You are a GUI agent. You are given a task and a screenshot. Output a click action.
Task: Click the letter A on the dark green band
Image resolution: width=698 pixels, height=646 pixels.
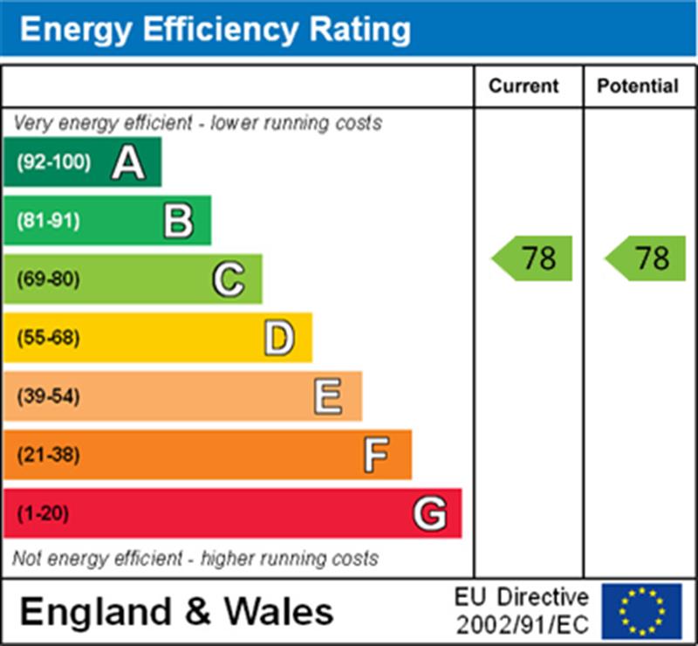128,162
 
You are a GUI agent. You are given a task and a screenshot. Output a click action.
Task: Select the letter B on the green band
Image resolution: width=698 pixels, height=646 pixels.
178,221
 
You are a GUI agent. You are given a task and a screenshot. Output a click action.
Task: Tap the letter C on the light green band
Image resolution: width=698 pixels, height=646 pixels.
229,279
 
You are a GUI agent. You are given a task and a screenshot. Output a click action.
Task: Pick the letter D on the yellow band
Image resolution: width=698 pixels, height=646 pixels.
278,338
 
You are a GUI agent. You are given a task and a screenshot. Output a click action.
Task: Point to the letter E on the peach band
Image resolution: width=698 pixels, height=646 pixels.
328,396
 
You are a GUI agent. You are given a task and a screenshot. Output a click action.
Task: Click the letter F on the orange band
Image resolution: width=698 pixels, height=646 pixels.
377,455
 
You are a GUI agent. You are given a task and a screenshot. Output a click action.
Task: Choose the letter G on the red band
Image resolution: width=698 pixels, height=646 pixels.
429,513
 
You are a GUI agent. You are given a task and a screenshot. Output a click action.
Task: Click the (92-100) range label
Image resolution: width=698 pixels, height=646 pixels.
53,162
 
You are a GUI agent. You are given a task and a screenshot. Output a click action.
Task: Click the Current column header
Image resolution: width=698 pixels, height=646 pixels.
523,86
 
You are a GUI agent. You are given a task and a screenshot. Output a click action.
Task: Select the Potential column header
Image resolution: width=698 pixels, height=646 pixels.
638,86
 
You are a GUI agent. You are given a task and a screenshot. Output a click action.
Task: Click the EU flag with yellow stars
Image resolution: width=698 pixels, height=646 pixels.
642,611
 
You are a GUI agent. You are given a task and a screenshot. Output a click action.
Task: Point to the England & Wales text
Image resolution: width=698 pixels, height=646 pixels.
176,611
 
